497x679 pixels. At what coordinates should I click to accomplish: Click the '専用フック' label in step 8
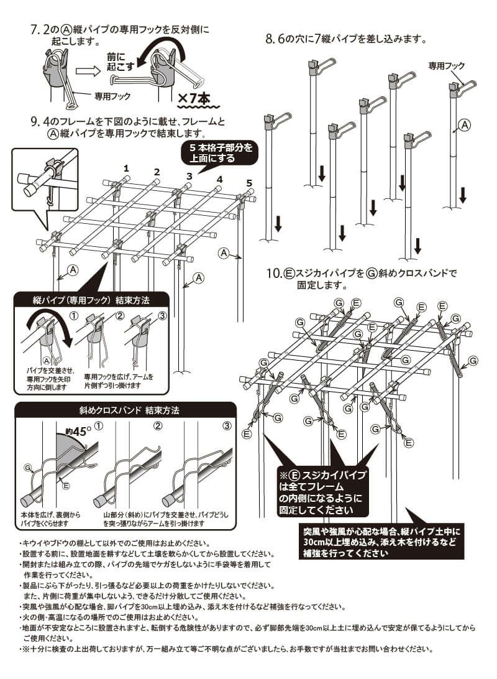click(x=446, y=65)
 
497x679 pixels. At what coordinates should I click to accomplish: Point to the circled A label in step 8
click(x=464, y=126)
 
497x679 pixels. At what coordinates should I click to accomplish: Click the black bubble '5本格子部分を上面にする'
click(x=217, y=153)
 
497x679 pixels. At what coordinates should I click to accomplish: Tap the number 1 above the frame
click(x=126, y=168)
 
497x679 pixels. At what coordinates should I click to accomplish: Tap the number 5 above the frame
click(x=248, y=183)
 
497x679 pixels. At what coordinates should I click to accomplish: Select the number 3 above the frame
click(x=189, y=177)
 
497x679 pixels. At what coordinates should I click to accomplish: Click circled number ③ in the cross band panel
click(x=227, y=427)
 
